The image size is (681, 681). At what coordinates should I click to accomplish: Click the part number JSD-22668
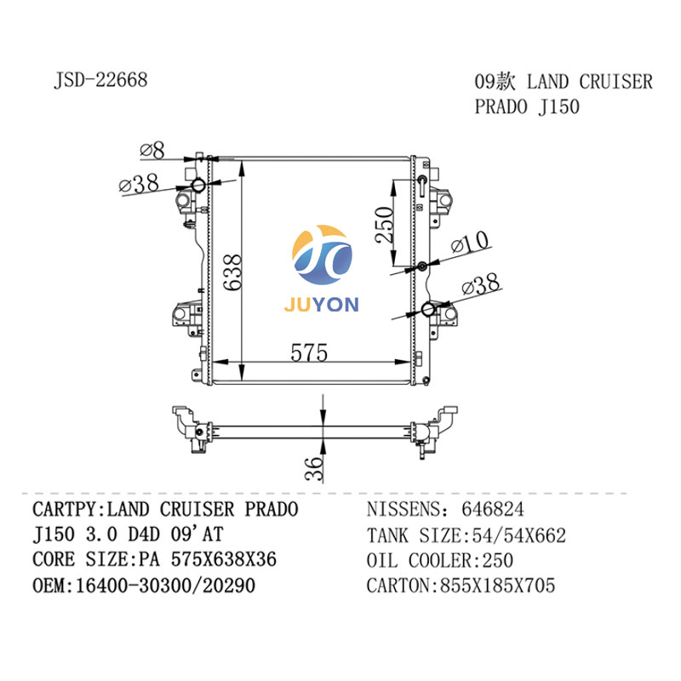pyautogui.click(x=100, y=80)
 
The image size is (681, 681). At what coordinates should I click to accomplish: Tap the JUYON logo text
pyautogui.click(x=323, y=304)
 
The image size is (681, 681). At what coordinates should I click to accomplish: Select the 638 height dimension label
pyautogui.click(x=232, y=272)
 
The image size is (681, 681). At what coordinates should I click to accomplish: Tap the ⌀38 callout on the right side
pyautogui.click(x=482, y=288)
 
